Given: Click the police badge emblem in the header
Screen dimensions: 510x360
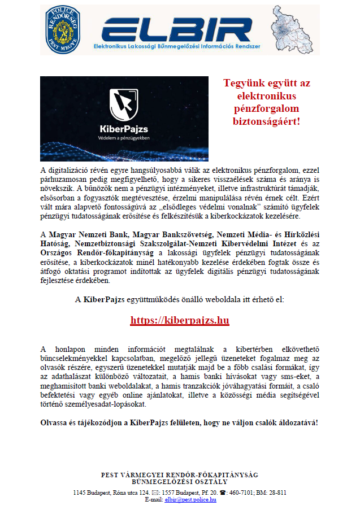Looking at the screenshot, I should [x=63, y=29].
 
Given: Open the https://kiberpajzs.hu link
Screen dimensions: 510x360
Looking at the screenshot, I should [x=179, y=320].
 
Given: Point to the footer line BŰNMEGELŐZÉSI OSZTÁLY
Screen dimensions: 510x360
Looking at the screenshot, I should [x=179, y=482].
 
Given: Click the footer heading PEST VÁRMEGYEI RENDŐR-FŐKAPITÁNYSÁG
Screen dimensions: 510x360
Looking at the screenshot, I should [x=179, y=475].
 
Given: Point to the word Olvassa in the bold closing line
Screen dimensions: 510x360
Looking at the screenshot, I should [x=54, y=422].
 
